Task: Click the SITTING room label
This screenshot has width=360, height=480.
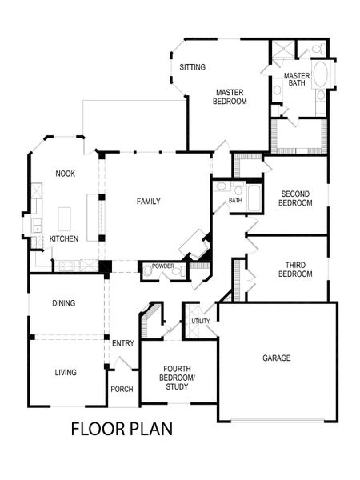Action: tap(193, 67)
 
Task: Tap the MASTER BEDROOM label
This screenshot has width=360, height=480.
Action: tap(230, 96)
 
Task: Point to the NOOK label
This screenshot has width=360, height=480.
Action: tap(65, 174)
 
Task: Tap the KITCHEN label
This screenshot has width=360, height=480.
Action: tap(63, 239)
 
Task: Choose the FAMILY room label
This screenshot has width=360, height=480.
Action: tap(148, 201)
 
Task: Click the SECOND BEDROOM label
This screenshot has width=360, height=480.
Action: tap(294, 198)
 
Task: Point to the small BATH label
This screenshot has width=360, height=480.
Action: tap(235, 201)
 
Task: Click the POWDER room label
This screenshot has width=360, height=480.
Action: tap(163, 266)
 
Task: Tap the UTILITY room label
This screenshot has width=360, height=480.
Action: tap(200, 321)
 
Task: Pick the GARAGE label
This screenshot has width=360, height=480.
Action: tap(276, 358)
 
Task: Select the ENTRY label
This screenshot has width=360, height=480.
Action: tap(122, 343)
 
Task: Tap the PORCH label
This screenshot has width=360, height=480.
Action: tap(122, 390)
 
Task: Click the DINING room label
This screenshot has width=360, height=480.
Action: tap(65, 303)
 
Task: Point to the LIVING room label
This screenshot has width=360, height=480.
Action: tap(65, 372)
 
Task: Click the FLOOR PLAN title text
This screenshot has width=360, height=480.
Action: tap(122, 428)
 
